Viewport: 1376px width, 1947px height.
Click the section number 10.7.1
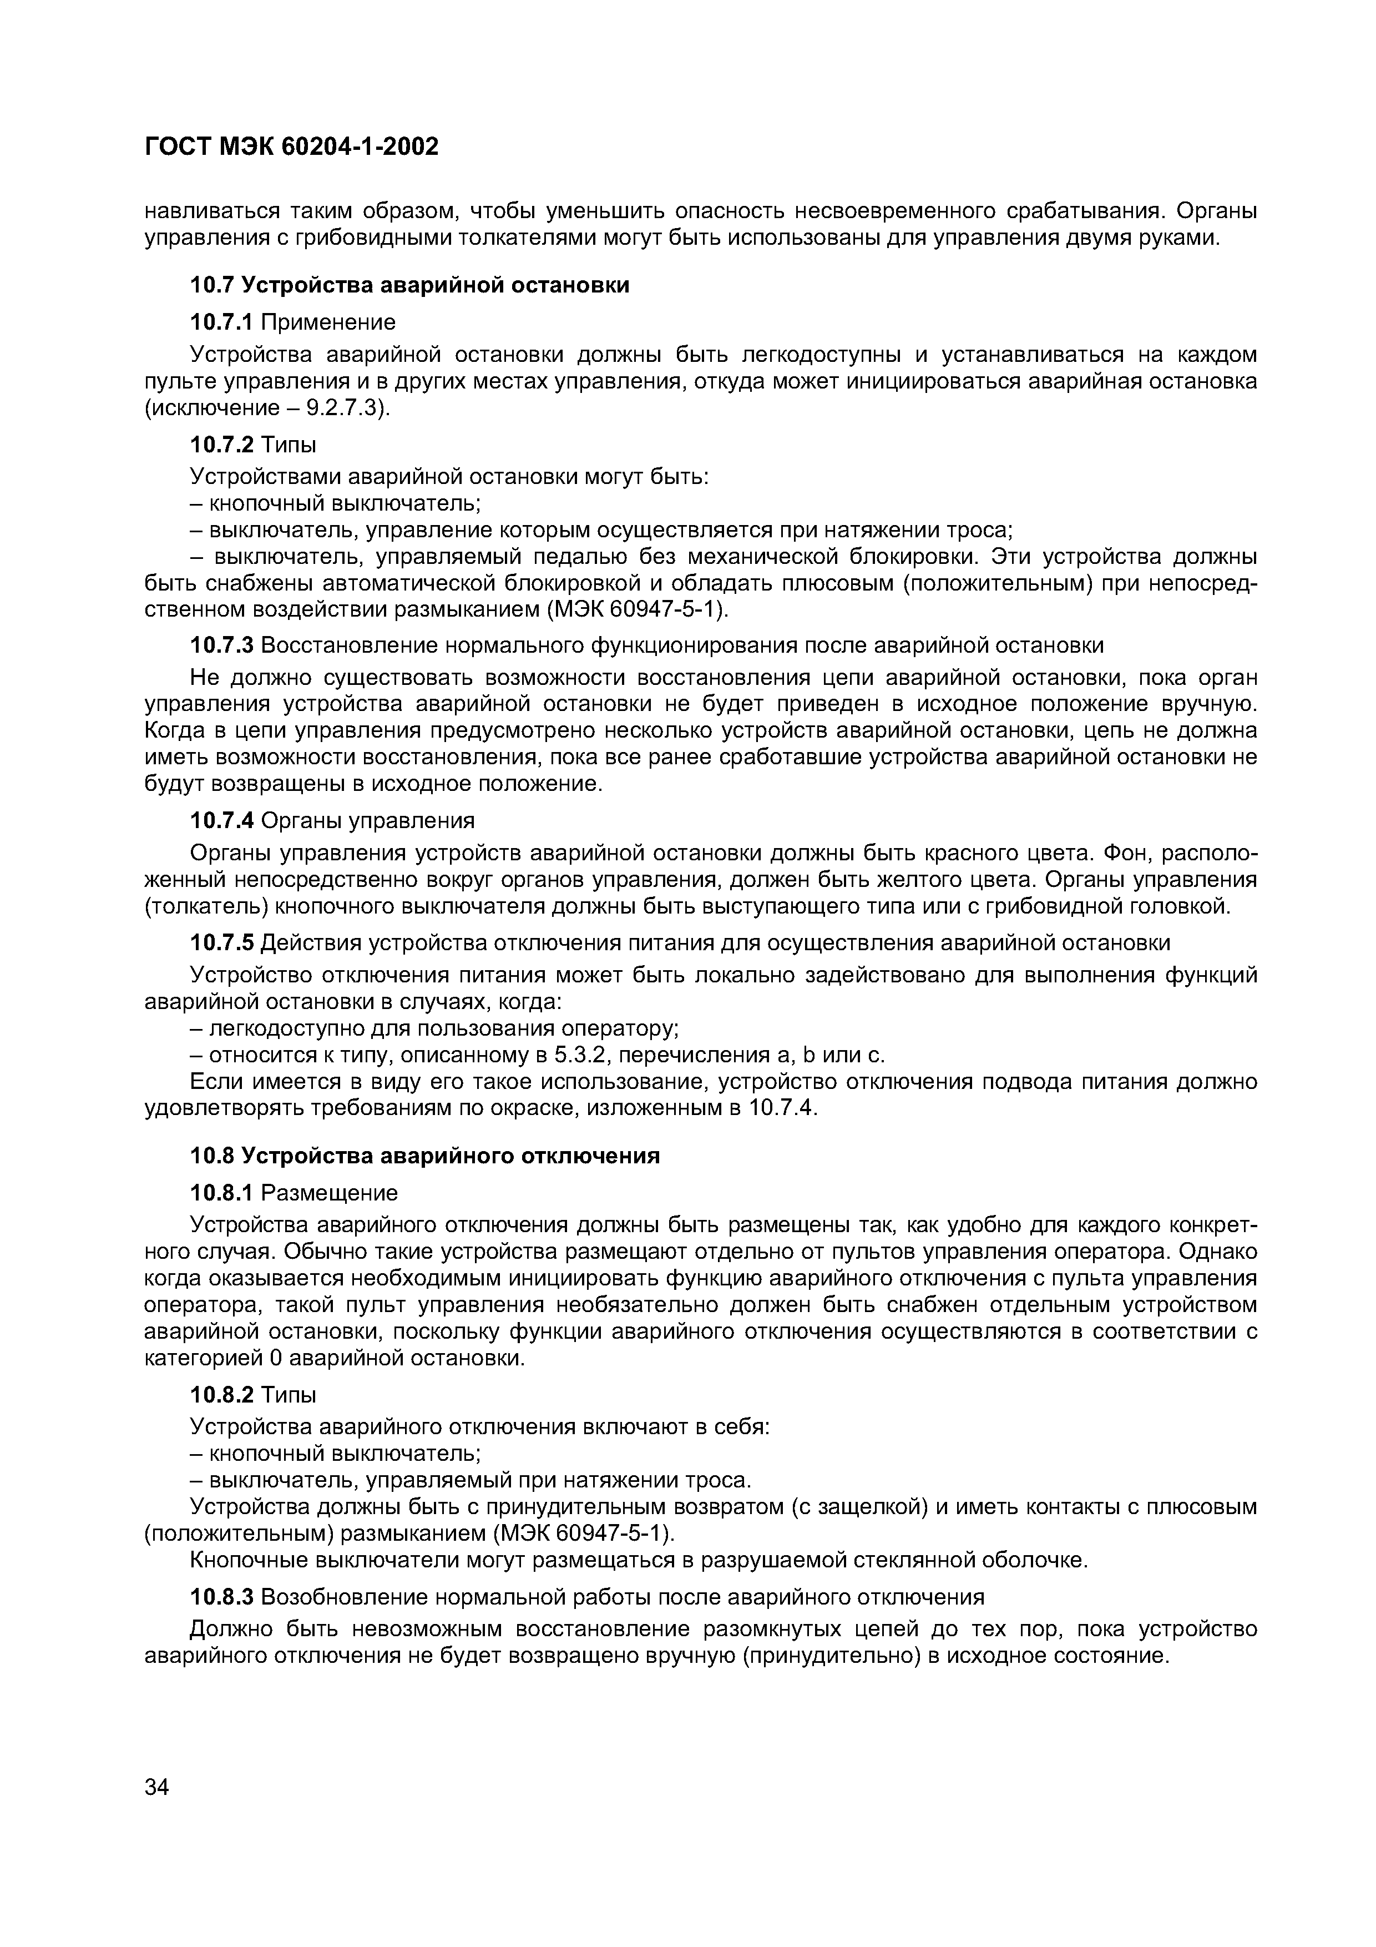221,322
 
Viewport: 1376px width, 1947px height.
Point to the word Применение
328,322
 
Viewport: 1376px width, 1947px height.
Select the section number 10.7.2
221,445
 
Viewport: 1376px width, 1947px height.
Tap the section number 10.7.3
221,645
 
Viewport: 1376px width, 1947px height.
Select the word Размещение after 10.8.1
330,1193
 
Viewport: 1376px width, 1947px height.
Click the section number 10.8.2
221,1394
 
